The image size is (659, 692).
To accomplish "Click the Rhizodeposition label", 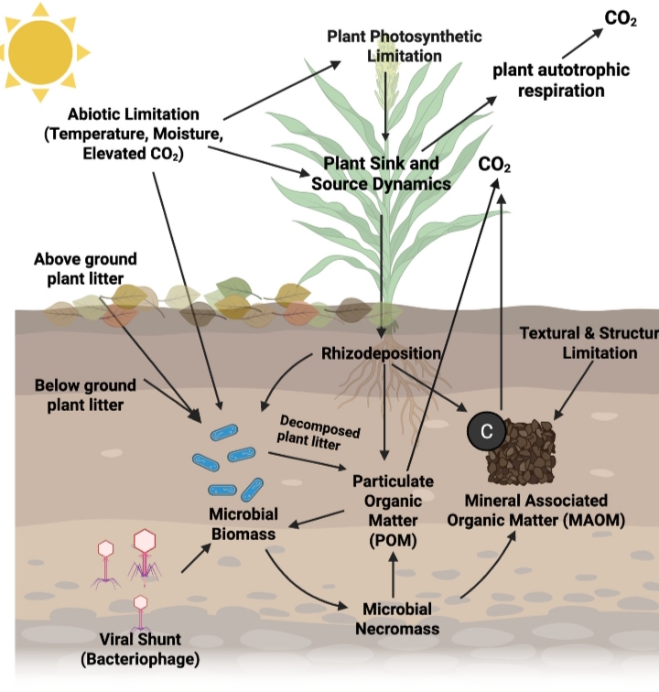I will pos(383,351).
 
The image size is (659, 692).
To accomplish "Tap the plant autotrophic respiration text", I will pos(548,80).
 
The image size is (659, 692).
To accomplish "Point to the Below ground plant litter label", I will pos(85,394).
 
